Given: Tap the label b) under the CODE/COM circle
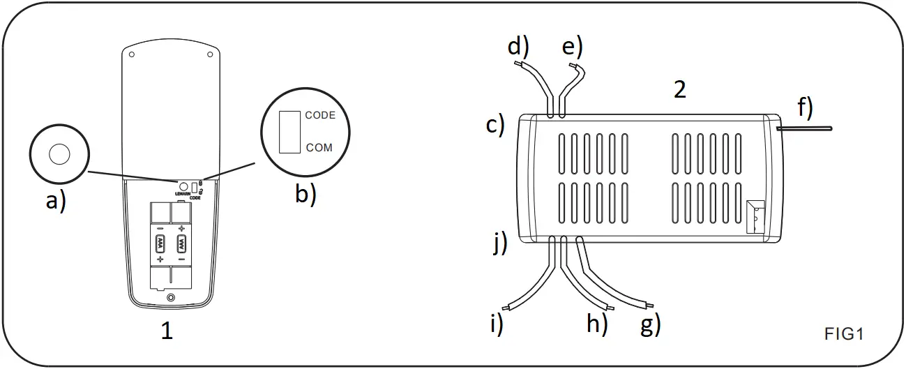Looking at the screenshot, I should pyautogui.click(x=305, y=193).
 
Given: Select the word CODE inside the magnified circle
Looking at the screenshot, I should pyautogui.click(x=320, y=115).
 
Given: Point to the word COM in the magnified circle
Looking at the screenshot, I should pyautogui.click(x=319, y=148).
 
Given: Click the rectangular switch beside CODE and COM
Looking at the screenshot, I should pyautogui.click(x=289, y=131).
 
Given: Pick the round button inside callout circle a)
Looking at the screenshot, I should pyautogui.click(x=59, y=154).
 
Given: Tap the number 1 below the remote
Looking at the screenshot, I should pyautogui.click(x=167, y=331).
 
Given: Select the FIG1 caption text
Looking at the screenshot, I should pyautogui.click(x=844, y=333).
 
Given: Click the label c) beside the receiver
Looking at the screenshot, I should pyautogui.click(x=495, y=126).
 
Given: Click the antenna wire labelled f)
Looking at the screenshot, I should pyautogui.click(x=809, y=128).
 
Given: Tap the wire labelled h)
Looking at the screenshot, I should pyautogui.click(x=586, y=286).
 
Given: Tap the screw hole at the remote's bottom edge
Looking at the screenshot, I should pyautogui.click(x=171, y=298).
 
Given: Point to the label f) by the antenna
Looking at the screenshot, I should pyautogui.click(x=805, y=107).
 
